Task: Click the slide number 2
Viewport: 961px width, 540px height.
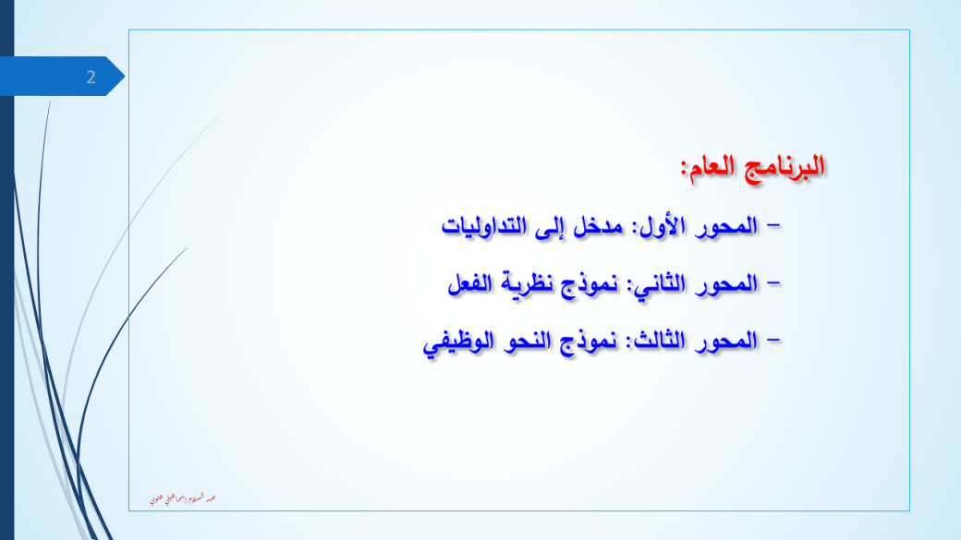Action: point(91,78)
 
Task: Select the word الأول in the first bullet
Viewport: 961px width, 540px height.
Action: point(656,226)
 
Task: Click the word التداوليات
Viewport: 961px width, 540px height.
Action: point(485,226)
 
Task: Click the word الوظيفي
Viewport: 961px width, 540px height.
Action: point(451,342)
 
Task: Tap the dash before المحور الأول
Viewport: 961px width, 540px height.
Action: point(772,225)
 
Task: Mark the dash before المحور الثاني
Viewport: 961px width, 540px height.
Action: point(772,282)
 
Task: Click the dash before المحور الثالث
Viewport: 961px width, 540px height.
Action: point(772,340)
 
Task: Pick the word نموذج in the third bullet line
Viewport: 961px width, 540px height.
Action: point(580,342)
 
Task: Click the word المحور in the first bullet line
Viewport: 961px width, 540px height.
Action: point(725,226)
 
